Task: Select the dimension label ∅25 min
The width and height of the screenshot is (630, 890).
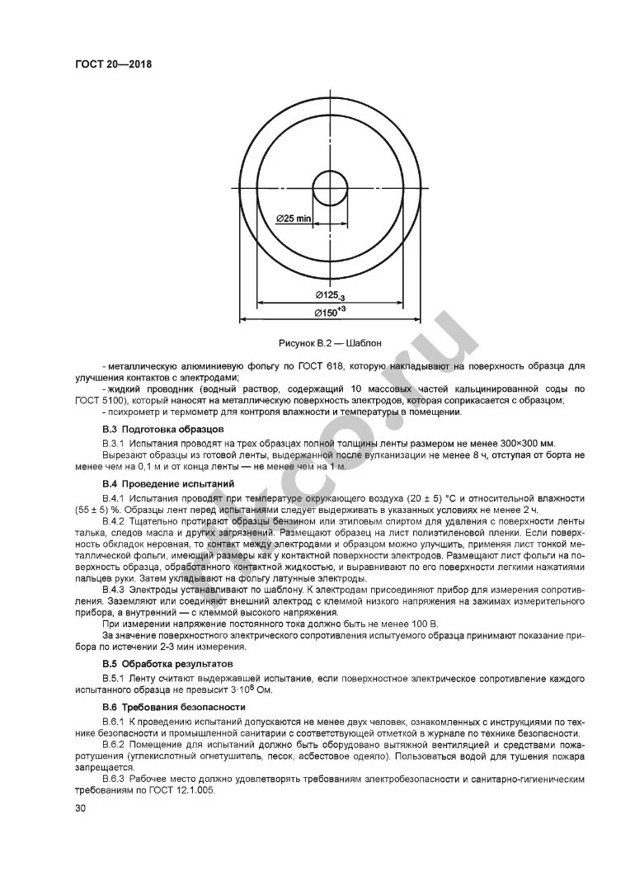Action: click(x=292, y=219)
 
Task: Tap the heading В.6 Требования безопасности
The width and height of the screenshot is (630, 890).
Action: click(x=167, y=707)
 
